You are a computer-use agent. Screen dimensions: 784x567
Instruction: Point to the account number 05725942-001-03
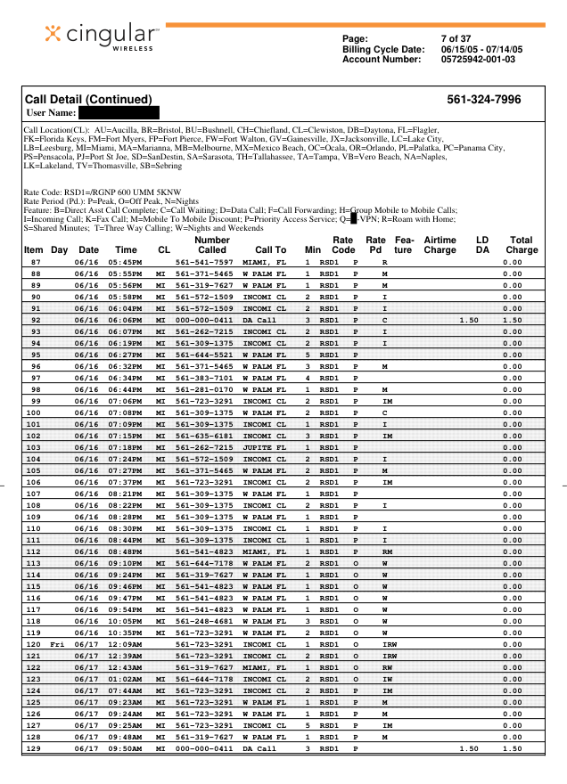(478, 59)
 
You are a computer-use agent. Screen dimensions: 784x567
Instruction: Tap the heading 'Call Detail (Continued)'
(88, 100)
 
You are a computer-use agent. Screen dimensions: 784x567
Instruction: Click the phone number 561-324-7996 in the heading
(483, 100)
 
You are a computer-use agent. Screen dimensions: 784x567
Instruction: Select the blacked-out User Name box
(119, 112)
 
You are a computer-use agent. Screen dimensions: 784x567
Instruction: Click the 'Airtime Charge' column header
(440, 245)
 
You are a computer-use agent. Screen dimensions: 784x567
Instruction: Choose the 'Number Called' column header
(212, 245)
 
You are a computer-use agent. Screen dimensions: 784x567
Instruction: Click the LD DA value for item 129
(469, 748)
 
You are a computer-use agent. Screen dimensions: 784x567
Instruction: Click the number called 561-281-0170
(204, 389)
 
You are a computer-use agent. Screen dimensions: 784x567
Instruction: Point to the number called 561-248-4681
(204, 621)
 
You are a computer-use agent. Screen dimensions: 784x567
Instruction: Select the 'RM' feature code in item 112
(387, 551)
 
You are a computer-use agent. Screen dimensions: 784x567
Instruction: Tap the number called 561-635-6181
(204, 436)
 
